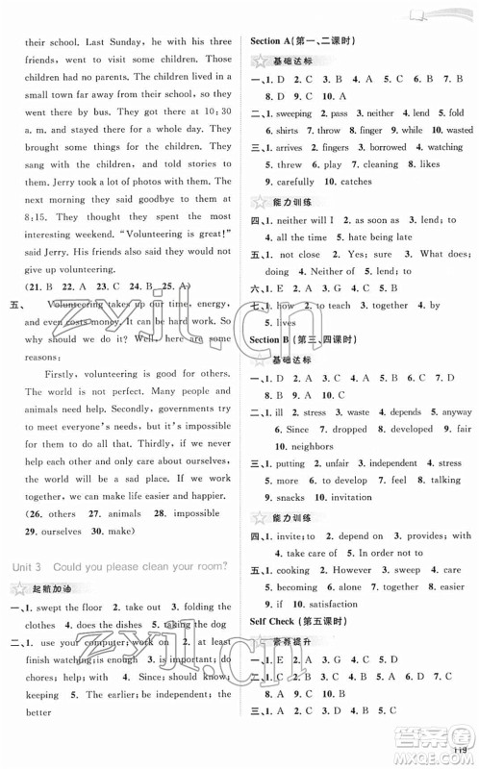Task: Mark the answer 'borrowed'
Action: [x=387, y=147]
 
